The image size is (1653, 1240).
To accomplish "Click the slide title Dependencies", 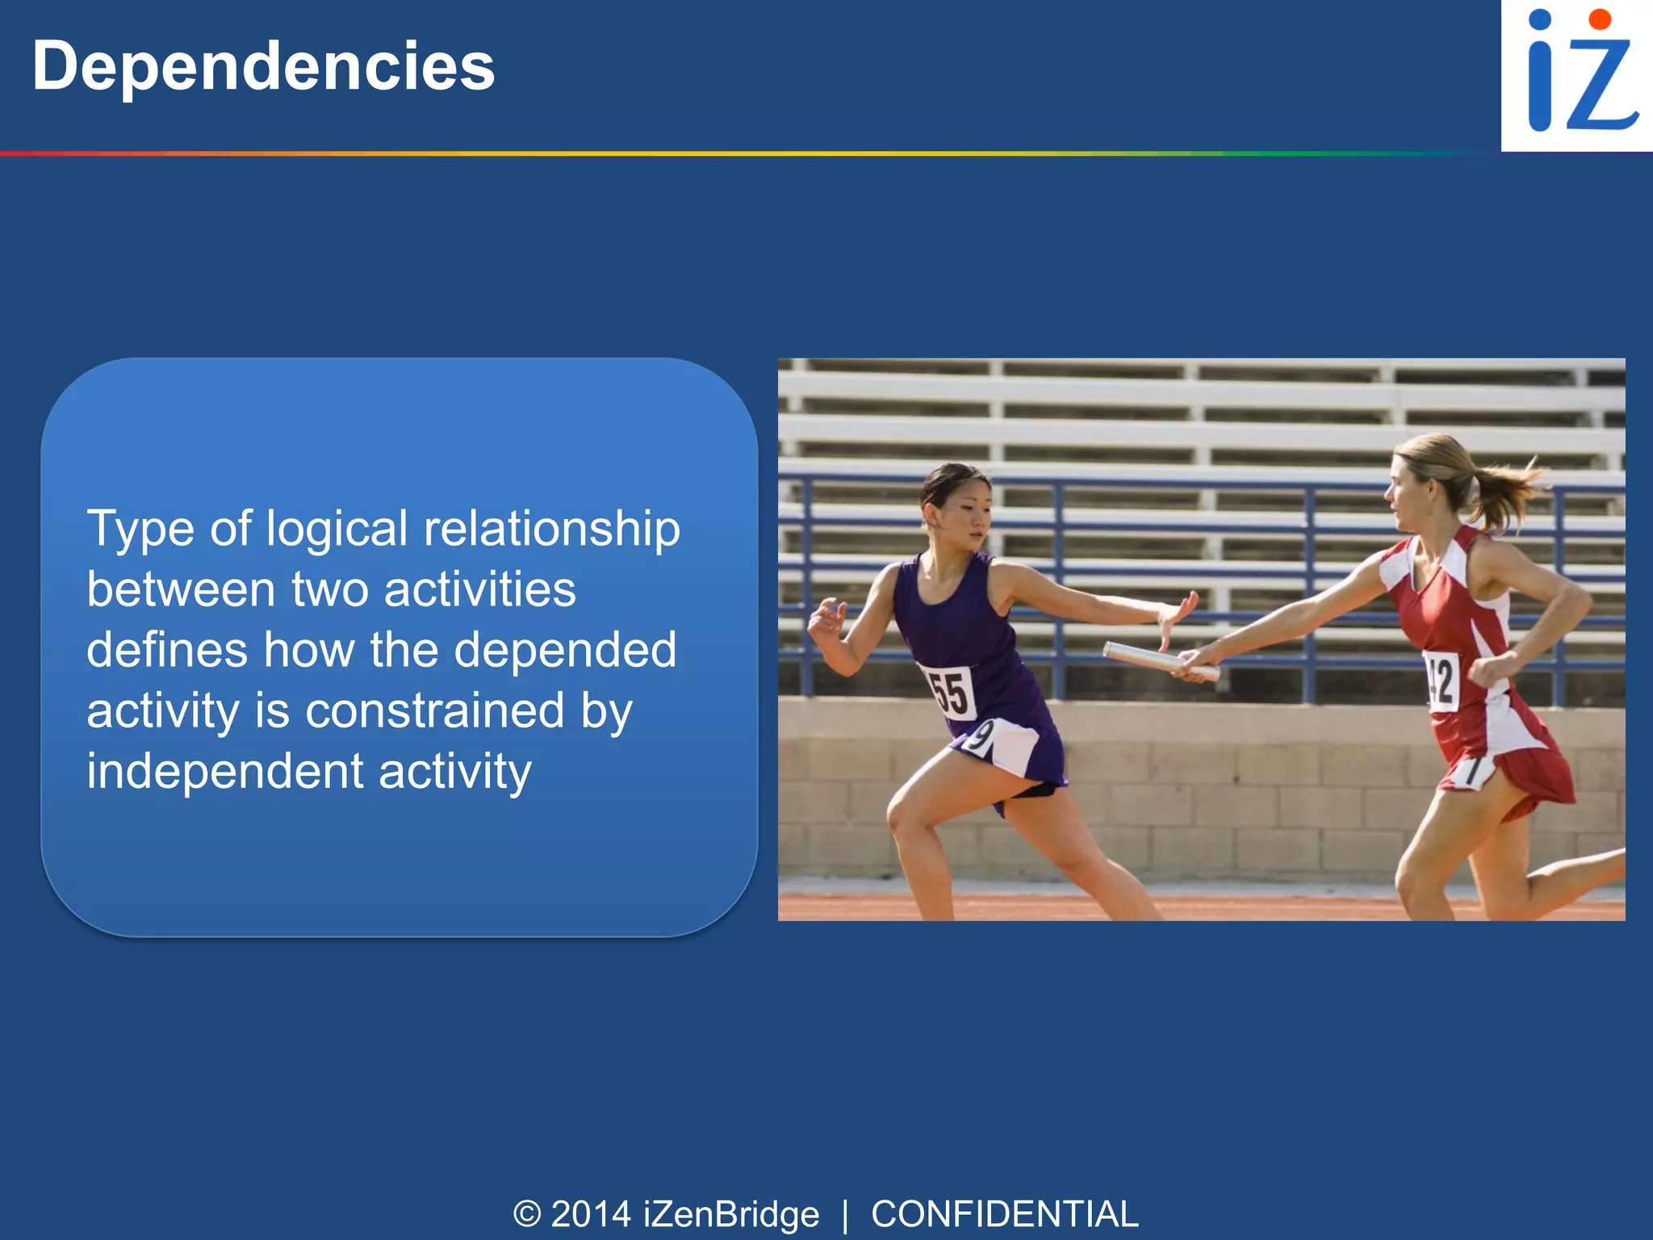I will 263,66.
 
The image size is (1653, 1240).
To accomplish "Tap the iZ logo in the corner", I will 1577,74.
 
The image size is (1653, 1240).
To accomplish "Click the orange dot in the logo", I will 1599,19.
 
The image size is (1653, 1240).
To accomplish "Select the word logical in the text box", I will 337,530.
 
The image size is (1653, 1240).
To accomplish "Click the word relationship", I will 552,530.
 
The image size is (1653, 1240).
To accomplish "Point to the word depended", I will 565,651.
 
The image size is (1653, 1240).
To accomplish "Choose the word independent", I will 225,772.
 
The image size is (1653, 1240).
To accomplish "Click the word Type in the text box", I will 140,530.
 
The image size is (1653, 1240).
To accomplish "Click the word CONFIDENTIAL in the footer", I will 1004,1214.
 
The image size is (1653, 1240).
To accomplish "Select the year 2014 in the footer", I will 591,1214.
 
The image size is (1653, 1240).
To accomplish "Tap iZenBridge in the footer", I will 731,1214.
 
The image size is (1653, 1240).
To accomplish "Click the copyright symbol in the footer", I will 526,1214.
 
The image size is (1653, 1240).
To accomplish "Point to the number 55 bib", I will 949,693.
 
